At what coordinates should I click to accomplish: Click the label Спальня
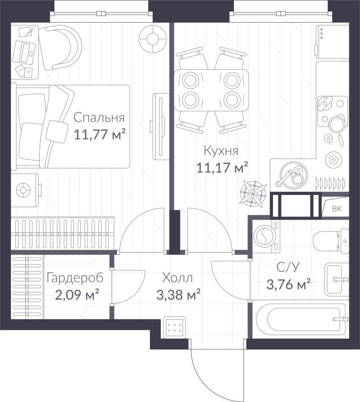[99, 118]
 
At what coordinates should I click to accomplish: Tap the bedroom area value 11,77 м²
[100, 134]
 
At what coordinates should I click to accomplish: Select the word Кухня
[221, 151]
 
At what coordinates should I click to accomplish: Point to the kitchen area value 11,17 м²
[222, 167]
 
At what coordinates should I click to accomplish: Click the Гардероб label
[75, 278]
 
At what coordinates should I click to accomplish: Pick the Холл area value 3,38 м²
[178, 294]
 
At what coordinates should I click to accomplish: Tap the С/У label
[288, 267]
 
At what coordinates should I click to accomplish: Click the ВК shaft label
[337, 209]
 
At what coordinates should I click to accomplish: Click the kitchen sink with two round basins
[293, 174]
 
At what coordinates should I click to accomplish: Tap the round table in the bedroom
[152, 39]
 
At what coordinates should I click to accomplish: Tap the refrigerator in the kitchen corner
[332, 42]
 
